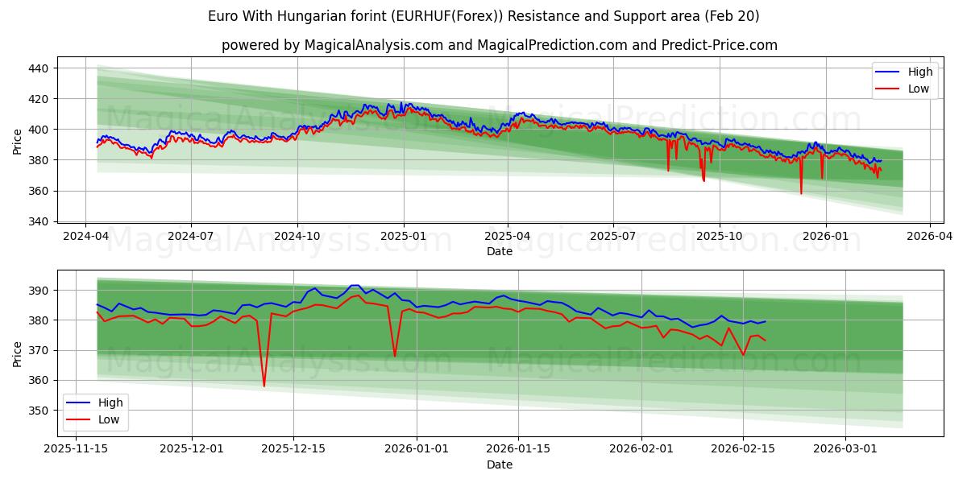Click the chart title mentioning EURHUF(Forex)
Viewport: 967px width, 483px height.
(x=483, y=16)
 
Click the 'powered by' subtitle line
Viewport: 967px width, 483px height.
(x=500, y=45)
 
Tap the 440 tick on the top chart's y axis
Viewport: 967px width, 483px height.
(x=39, y=68)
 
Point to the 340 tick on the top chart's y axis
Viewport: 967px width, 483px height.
(x=39, y=221)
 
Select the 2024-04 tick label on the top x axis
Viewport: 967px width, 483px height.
(x=85, y=236)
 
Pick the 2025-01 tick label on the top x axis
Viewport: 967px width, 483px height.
(x=403, y=236)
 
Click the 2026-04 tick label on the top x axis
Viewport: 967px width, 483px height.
(x=930, y=236)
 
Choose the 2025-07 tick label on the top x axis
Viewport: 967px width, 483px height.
(x=612, y=236)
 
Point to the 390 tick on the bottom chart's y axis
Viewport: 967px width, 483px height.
(x=39, y=290)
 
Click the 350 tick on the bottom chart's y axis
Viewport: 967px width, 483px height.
(x=39, y=410)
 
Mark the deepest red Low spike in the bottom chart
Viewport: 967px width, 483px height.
(x=264, y=386)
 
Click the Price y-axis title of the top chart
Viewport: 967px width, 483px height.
(x=17, y=142)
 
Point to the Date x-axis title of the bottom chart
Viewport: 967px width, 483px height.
(x=500, y=464)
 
